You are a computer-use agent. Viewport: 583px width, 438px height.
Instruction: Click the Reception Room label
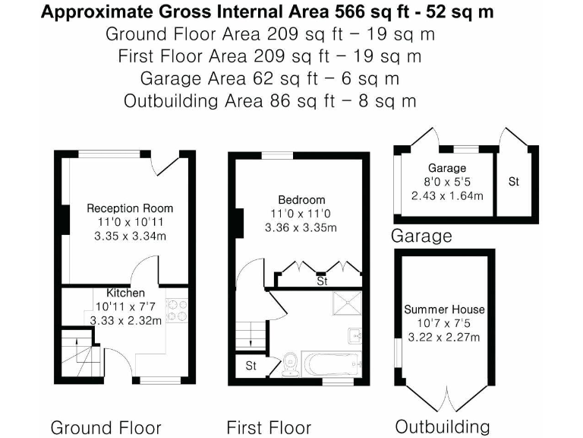coord(129,208)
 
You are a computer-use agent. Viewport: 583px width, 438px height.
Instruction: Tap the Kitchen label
coord(125,293)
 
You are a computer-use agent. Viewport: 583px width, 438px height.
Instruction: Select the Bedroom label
coord(301,200)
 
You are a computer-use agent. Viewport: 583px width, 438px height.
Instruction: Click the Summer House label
coord(444,309)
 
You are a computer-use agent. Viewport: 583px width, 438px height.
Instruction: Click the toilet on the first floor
coord(289,364)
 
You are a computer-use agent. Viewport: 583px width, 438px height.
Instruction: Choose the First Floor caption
coord(269,427)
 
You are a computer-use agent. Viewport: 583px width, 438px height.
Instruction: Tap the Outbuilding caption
coord(442,425)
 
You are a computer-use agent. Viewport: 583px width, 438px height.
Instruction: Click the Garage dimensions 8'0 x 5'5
coord(446,182)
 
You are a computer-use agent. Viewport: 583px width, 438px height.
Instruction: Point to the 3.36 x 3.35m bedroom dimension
coord(301,227)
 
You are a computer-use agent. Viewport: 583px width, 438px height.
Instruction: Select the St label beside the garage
coord(514,182)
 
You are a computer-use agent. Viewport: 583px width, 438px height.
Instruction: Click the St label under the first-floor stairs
coord(251,367)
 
